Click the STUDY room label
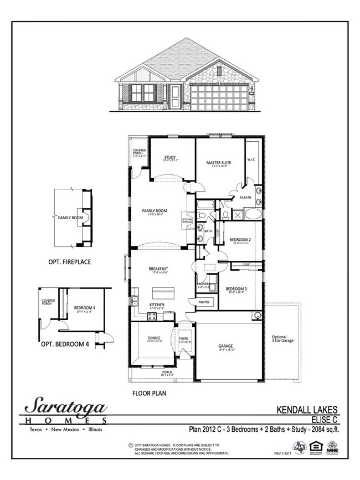pos(169,158)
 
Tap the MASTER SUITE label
pos(219,163)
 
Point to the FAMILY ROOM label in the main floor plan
pos(155,211)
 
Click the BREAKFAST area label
pos(158,269)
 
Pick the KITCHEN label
pos(157,304)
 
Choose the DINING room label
pos(153,340)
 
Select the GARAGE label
pos(225,346)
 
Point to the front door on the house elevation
pos(176,96)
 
